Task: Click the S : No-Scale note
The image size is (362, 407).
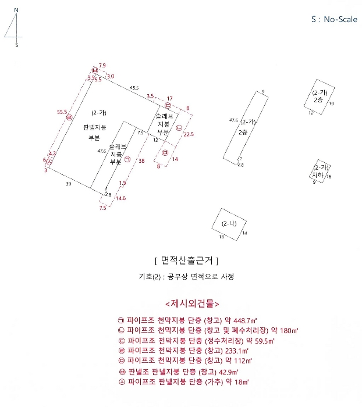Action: point(333,19)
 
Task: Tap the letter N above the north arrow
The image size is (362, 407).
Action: point(16,10)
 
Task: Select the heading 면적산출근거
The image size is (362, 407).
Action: point(186,260)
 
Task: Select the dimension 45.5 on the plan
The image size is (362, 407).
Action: point(134,88)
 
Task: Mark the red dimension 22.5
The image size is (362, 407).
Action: point(189,134)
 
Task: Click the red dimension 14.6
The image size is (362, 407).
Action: point(120,198)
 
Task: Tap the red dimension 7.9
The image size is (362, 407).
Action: point(102,65)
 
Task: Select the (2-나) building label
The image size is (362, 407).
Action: point(229,224)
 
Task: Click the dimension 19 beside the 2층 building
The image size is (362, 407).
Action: point(331,103)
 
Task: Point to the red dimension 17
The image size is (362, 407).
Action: point(169,98)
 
